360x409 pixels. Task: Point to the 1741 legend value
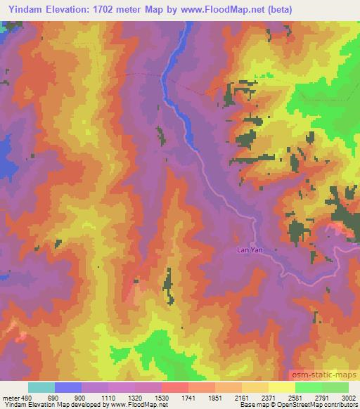(x=188, y=398)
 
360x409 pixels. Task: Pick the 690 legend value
(x=53, y=398)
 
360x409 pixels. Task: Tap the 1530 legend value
(x=160, y=398)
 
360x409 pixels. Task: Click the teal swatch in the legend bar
(x=41, y=387)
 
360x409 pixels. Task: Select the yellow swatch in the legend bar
(x=281, y=387)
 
